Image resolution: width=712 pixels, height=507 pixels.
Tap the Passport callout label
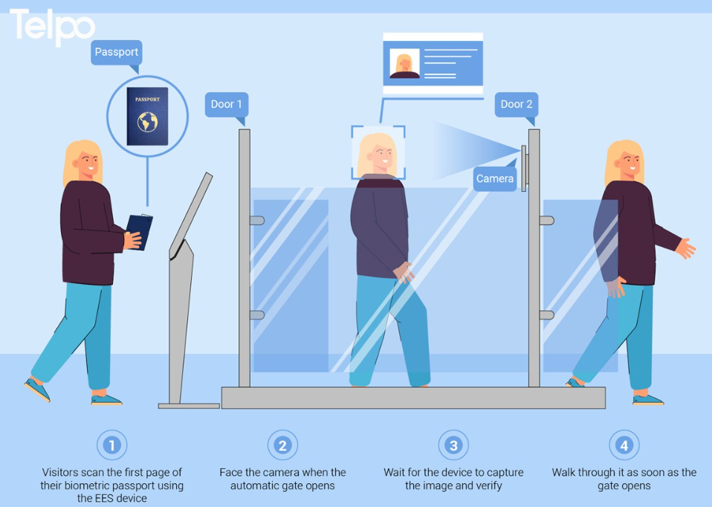(117, 52)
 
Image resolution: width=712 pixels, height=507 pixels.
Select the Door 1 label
(226, 105)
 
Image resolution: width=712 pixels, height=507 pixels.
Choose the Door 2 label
(517, 105)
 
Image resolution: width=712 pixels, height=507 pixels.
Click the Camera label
(495, 178)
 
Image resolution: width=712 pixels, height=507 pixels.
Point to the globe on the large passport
(148, 122)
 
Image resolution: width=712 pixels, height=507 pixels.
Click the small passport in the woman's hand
(139, 231)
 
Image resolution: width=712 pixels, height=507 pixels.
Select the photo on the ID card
(404, 64)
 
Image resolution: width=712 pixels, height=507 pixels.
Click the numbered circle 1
(111, 445)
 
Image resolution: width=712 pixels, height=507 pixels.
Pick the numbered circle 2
(282, 445)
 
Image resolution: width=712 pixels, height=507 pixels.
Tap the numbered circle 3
(453, 445)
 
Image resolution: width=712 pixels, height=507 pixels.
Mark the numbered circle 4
(624, 445)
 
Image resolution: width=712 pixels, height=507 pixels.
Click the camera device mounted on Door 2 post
(524, 168)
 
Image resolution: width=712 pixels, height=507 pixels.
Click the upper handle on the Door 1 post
(257, 221)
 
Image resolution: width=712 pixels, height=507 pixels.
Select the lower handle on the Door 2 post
(547, 315)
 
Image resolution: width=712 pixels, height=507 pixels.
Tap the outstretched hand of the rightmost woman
(686, 248)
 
